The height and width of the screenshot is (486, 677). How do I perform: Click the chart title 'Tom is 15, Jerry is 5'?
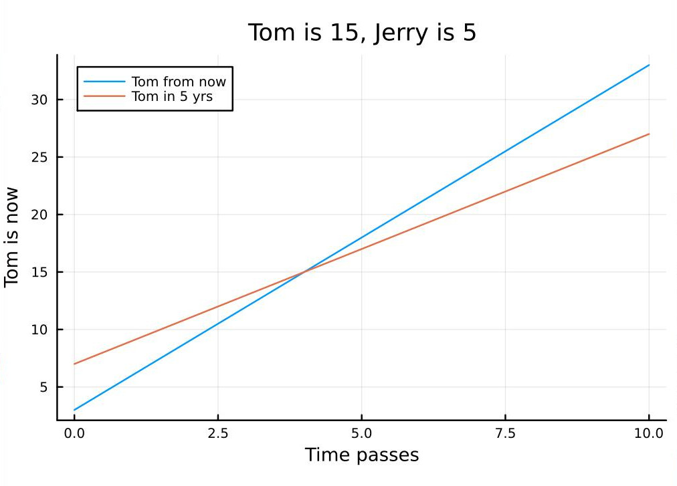pos(362,32)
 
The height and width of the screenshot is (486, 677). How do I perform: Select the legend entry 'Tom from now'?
pos(179,82)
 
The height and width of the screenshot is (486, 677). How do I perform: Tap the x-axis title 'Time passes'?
pos(362,455)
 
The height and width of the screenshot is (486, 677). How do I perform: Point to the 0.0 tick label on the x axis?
pos(74,433)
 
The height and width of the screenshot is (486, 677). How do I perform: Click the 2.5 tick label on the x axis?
pos(217,433)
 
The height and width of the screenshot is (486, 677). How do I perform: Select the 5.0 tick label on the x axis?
pos(361,433)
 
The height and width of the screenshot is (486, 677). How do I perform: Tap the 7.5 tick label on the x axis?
pos(505,433)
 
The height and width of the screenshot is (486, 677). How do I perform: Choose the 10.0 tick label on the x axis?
pos(649,433)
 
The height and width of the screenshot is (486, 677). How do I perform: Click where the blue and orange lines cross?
pos(304,271)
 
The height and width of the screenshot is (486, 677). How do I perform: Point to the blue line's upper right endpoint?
pos(649,65)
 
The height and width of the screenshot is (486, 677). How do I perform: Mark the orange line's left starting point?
pos(74,364)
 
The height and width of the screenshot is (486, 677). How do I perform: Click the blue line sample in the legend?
pos(104,82)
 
